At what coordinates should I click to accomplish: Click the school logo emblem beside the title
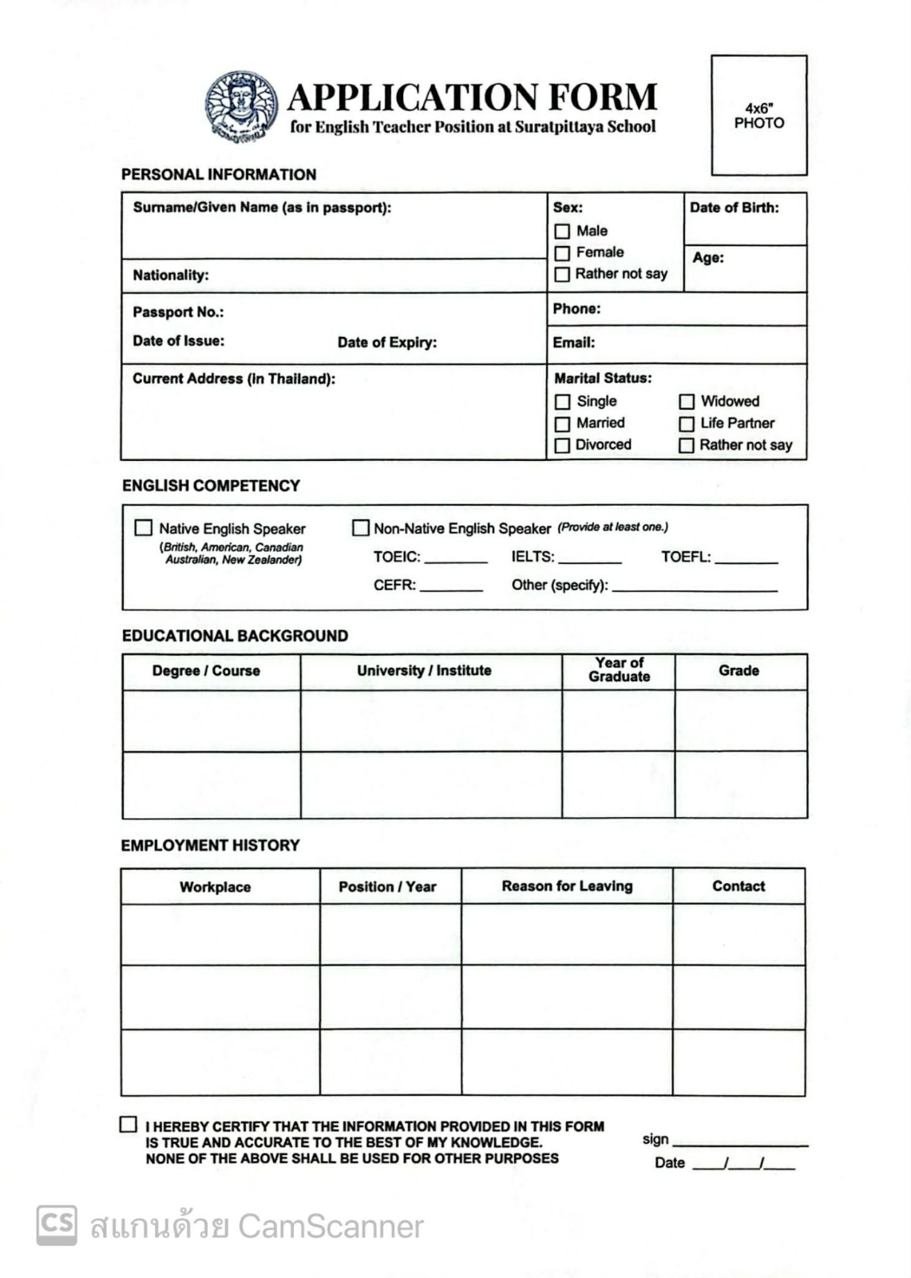click(x=241, y=107)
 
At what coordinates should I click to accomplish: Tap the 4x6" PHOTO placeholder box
click(x=759, y=115)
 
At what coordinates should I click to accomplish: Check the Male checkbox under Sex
click(x=562, y=232)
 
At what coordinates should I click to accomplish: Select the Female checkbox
click(x=562, y=253)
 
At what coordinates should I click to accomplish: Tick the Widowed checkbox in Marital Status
click(x=687, y=402)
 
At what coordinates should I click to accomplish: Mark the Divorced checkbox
click(x=562, y=446)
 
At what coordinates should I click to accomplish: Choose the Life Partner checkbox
click(x=687, y=424)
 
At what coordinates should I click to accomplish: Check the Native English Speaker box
click(x=144, y=528)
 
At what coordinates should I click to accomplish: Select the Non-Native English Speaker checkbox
click(x=361, y=528)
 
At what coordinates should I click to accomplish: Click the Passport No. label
click(x=178, y=312)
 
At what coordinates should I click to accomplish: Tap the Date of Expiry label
click(x=386, y=343)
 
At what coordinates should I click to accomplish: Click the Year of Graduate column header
click(x=619, y=670)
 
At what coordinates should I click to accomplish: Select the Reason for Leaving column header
click(x=567, y=886)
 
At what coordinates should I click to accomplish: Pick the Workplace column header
click(x=215, y=887)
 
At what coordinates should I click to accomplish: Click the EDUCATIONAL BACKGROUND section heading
click(x=235, y=636)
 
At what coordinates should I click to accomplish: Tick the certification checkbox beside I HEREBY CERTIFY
click(x=128, y=1125)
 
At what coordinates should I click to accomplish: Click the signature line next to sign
click(x=739, y=1144)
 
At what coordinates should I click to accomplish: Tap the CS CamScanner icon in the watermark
click(x=57, y=1224)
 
